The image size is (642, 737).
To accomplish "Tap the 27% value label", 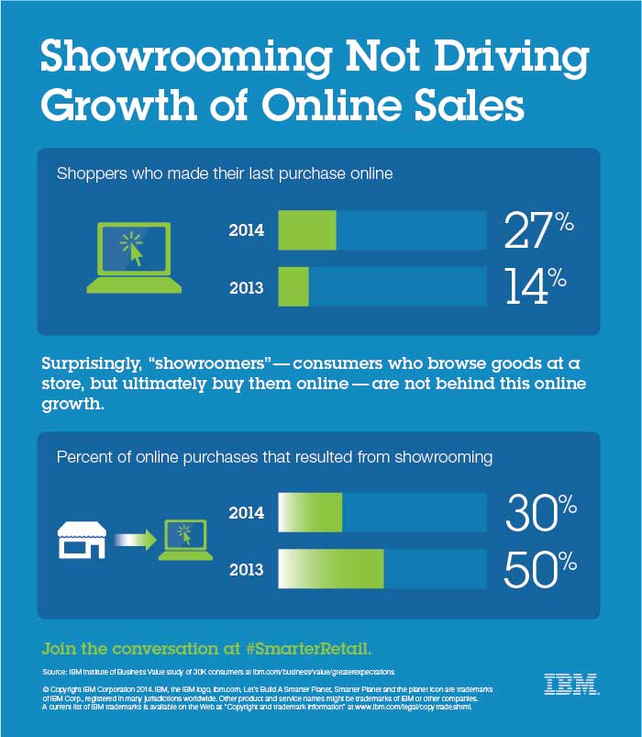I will point(539,231).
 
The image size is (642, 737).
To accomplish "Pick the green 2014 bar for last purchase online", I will point(306,230).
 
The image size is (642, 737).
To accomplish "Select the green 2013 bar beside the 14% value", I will point(293,287).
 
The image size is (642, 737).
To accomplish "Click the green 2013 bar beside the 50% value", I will point(330,569).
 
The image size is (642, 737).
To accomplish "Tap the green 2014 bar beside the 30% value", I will point(309,512).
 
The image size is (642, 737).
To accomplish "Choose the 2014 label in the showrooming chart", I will point(246,513).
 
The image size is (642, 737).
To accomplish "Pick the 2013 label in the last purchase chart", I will point(246,288).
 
